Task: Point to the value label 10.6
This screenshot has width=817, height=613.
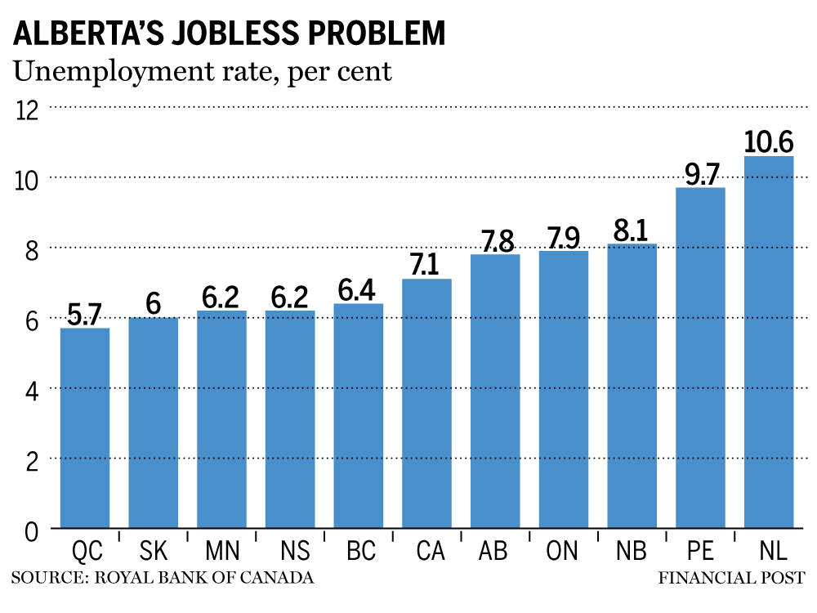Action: pos(769,141)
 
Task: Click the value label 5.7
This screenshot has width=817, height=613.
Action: pos(85,314)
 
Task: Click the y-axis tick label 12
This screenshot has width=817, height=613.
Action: pos(27,109)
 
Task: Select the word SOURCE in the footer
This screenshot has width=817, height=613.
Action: pos(47,578)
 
